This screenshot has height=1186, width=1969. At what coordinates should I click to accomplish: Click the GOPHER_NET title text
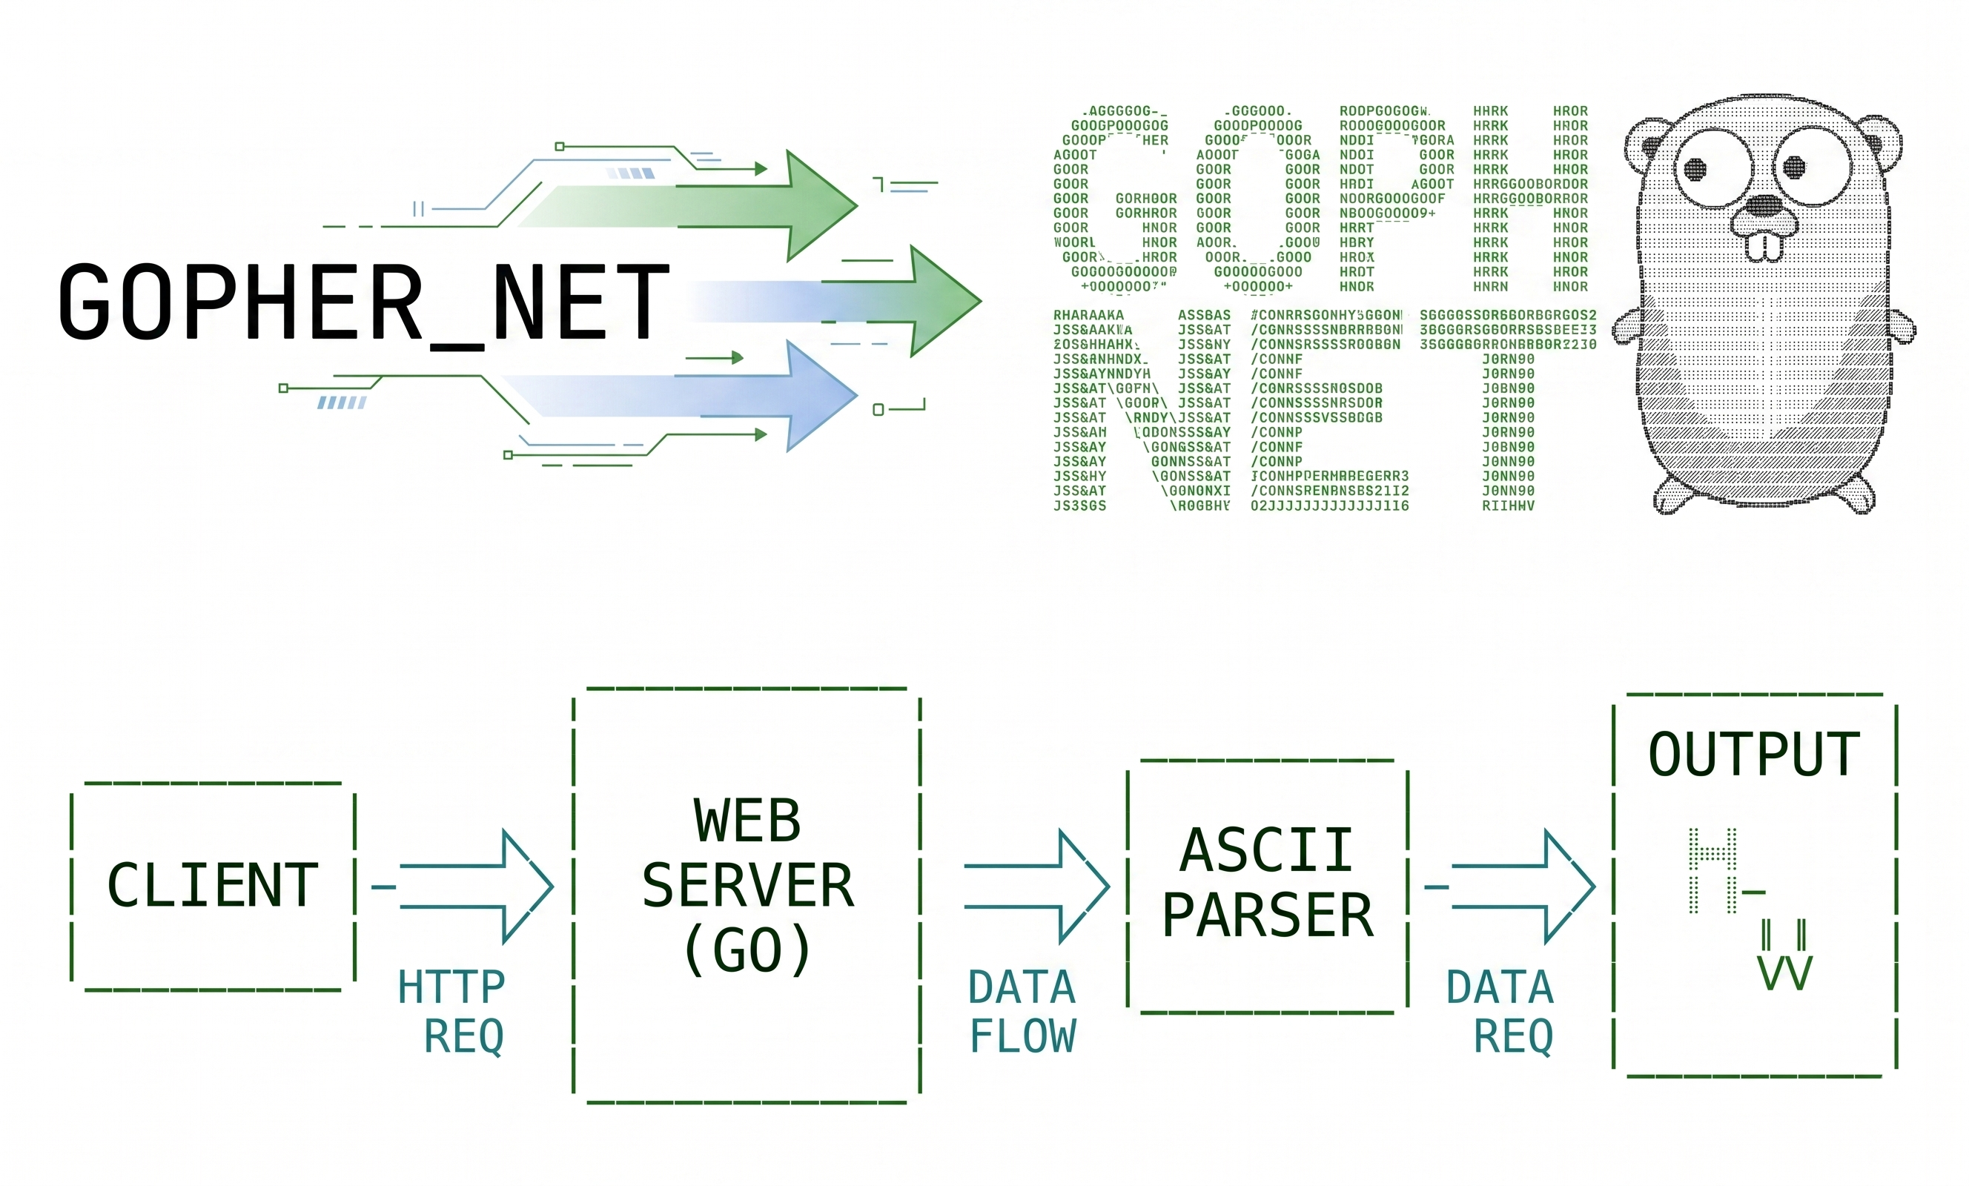[x=363, y=302]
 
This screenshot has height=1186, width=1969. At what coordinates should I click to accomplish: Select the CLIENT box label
[x=213, y=886]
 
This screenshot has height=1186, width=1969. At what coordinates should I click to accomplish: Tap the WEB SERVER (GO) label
[x=747, y=886]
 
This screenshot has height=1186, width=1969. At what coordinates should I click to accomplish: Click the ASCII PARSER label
[x=1268, y=882]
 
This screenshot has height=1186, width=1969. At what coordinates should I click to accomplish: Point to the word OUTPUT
[x=1754, y=755]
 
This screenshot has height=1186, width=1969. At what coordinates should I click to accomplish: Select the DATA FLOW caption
[x=1022, y=1011]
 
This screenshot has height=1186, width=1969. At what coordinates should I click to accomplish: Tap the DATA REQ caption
[x=1500, y=1011]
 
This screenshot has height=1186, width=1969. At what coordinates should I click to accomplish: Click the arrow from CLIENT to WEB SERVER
[x=476, y=887]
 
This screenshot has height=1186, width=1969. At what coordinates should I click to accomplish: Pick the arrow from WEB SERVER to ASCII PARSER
[x=1036, y=887]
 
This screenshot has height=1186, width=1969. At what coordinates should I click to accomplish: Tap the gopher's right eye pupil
[x=1794, y=167]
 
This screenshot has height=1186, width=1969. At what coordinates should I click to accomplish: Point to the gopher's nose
[x=1761, y=205]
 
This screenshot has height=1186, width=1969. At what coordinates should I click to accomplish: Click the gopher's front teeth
[x=1764, y=246]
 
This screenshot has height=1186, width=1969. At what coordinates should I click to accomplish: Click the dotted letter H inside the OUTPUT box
[x=1712, y=870]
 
